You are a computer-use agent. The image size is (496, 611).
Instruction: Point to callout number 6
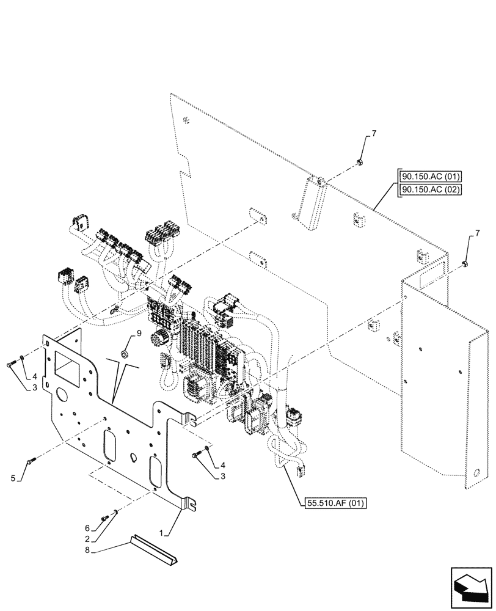(x=87, y=527)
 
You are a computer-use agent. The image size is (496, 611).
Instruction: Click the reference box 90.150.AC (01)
(x=429, y=177)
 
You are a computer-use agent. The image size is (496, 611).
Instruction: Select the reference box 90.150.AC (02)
(x=429, y=189)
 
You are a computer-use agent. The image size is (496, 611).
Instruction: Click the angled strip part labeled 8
(x=155, y=548)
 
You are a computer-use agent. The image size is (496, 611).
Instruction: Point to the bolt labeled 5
(x=31, y=461)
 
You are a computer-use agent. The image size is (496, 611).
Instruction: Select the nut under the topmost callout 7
(x=360, y=161)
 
